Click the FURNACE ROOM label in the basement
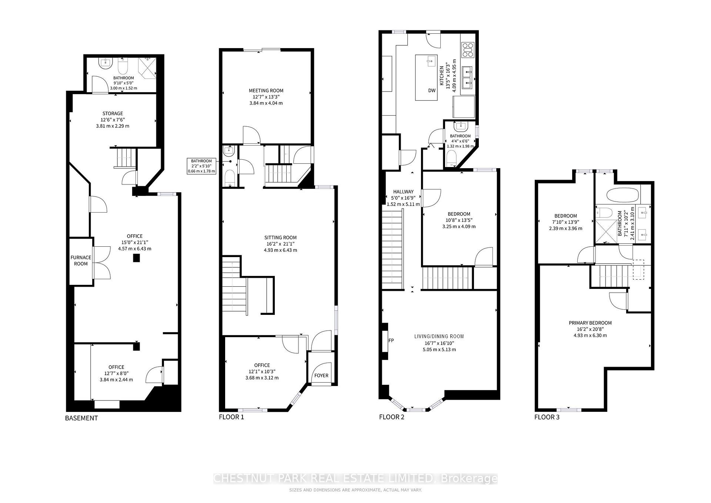(81, 260)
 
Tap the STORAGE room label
(113, 113)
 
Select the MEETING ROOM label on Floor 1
(266, 90)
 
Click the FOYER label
(321, 375)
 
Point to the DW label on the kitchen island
(432, 90)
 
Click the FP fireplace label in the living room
(391, 340)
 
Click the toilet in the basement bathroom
(123, 67)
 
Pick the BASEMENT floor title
(81, 418)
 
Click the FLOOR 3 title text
(547, 417)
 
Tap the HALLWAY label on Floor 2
(403, 191)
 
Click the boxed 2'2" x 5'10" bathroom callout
(201, 166)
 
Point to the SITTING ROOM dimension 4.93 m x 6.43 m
(280, 250)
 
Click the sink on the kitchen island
(431, 61)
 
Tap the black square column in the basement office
(137, 259)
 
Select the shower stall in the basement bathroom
(147, 67)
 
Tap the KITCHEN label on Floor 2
(441, 76)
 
